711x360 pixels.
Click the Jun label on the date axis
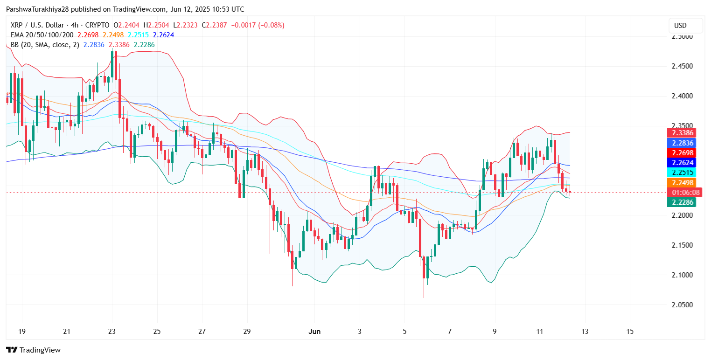tap(315, 332)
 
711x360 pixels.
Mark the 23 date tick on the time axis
tap(112, 332)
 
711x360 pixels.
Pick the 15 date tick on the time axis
tap(630, 332)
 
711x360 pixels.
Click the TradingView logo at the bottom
tap(33, 350)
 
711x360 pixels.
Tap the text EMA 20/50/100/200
tap(42, 35)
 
